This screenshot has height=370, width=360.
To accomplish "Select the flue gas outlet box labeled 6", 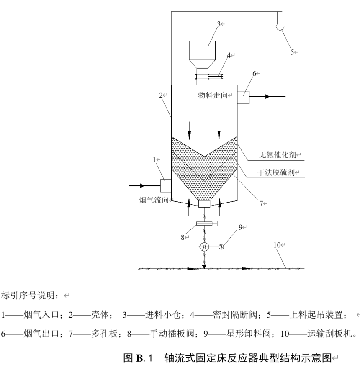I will click(243, 97).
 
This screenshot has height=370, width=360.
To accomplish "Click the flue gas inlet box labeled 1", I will click(165, 185).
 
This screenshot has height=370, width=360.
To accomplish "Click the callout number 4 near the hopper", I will click(229, 55).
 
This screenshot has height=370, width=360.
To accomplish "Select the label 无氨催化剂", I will click(276, 155).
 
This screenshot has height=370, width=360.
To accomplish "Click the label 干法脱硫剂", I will click(276, 172).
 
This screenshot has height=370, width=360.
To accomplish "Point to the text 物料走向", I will click(212, 95).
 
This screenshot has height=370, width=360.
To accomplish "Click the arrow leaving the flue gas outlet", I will click(268, 97).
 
